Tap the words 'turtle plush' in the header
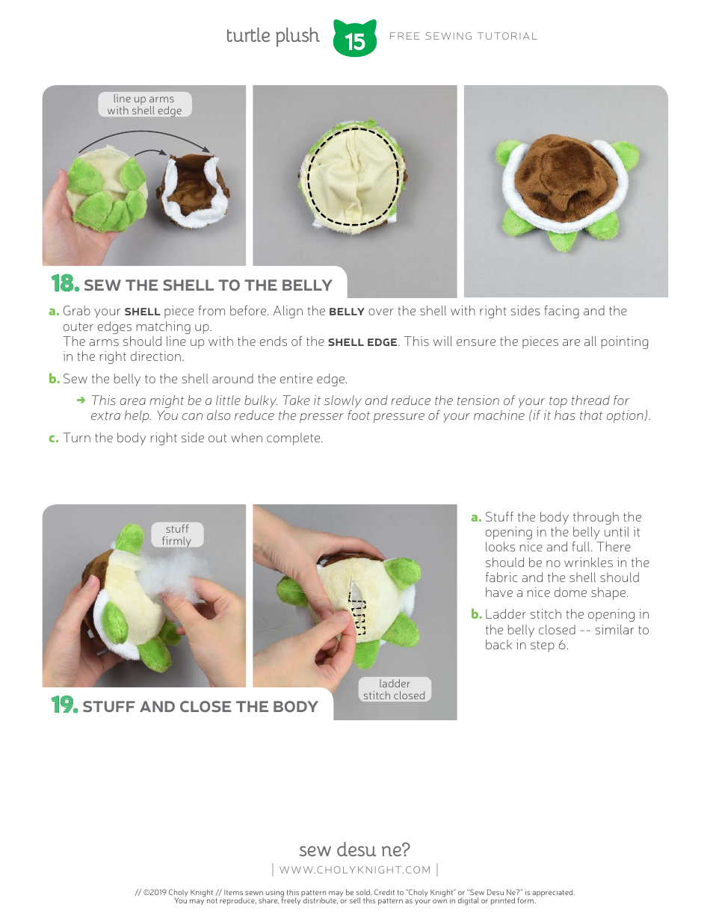pyautogui.click(x=272, y=36)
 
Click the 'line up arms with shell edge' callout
pyautogui.click(x=144, y=105)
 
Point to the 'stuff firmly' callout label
pyautogui.click(x=176, y=535)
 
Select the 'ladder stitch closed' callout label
pyautogui.click(x=394, y=690)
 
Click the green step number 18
pyautogui.click(x=64, y=284)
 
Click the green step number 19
pyautogui.click(x=64, y=705)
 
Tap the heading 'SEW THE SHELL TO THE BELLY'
pyautogui.click(x=208, y=285)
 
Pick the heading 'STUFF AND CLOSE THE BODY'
pyautogui.click(x=200, y=707)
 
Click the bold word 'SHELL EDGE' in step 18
pyautogui.click(x=362, y=342)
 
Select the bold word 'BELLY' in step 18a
pyautogui.click(x=347, y=312)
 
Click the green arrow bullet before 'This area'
pyautogui.click(x=81, y=400)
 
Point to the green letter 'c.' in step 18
pyautogui.click(x=53, y=438)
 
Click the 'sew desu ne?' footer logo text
pyautogui.click(x=354, y=850)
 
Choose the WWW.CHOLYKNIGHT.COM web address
pyautogui.click(x=355, y=870)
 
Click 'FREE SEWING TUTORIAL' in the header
pyautogui.click(x=463, y=36)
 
